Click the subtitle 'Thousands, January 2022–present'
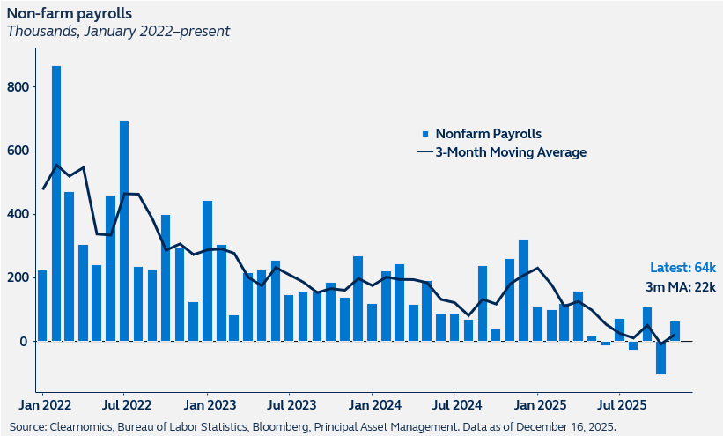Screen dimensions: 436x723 point(118,31)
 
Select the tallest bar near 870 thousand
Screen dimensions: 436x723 point(55,203)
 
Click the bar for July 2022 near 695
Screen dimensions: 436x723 point(124,231)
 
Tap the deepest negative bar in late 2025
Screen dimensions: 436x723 point(660,358)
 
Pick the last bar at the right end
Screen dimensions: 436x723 point(675,331)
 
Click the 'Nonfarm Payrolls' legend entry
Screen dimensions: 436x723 point(487,134)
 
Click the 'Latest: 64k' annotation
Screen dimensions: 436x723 point(682,268)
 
